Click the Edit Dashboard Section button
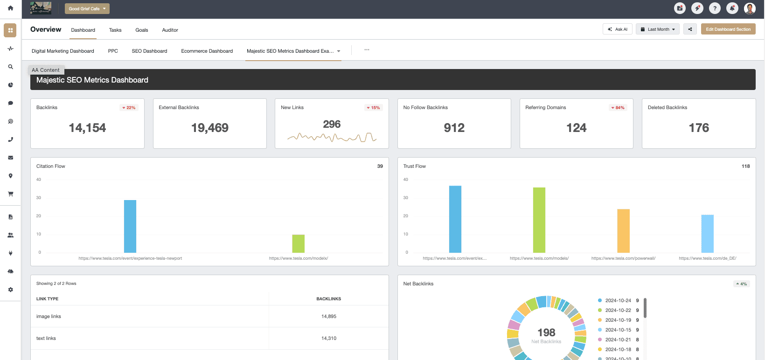(728, 29)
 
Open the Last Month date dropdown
(658, 29)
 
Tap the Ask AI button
(618, 29)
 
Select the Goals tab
(142, 30)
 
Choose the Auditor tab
(170, 30)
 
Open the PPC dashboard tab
(113, 51)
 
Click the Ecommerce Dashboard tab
(207, 51)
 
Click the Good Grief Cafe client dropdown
(87, 9)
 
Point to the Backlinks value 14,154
(87, 128)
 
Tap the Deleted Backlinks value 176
(698, 128)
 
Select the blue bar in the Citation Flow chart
(130, 226)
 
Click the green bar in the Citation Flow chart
(298, 243)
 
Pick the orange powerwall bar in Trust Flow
(623, 231)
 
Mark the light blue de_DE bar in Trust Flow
(707, 234)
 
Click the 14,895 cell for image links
(328, 316)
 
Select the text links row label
(46, 339)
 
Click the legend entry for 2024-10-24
(618, 301)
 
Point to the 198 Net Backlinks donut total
(546, 332)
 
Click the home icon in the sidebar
(10, 8)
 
